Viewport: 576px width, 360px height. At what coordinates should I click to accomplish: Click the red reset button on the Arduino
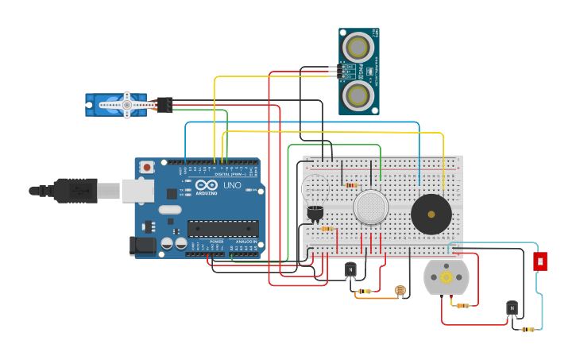tap(147, 168)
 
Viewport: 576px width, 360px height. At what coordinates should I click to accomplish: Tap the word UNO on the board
tap(232, 185)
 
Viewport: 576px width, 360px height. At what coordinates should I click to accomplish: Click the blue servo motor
tap(119, 105)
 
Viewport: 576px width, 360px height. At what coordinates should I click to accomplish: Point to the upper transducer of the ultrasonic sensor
tap(358, 47)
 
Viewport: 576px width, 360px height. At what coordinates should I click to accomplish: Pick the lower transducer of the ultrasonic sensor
tap(358, 95)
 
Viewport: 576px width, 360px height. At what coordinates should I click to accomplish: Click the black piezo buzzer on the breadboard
tap(431, 214)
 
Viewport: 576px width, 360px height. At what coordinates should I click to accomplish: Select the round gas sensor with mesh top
tap(370, 207)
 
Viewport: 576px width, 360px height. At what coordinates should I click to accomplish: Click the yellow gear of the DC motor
tap(446, 277)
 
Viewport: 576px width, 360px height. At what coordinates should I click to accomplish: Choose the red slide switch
tap(540, 261)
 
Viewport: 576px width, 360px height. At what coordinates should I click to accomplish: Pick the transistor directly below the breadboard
tap(350, 271)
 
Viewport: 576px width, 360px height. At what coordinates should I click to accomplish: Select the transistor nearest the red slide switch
tap(512, 308)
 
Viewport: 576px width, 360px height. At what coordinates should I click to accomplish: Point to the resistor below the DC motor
tap(462, 305)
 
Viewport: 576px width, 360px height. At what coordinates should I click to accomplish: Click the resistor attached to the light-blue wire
tap(528, 328)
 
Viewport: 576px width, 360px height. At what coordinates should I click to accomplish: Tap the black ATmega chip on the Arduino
tap(222, 229)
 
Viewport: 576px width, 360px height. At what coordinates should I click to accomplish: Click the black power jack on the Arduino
tap(143, 245)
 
